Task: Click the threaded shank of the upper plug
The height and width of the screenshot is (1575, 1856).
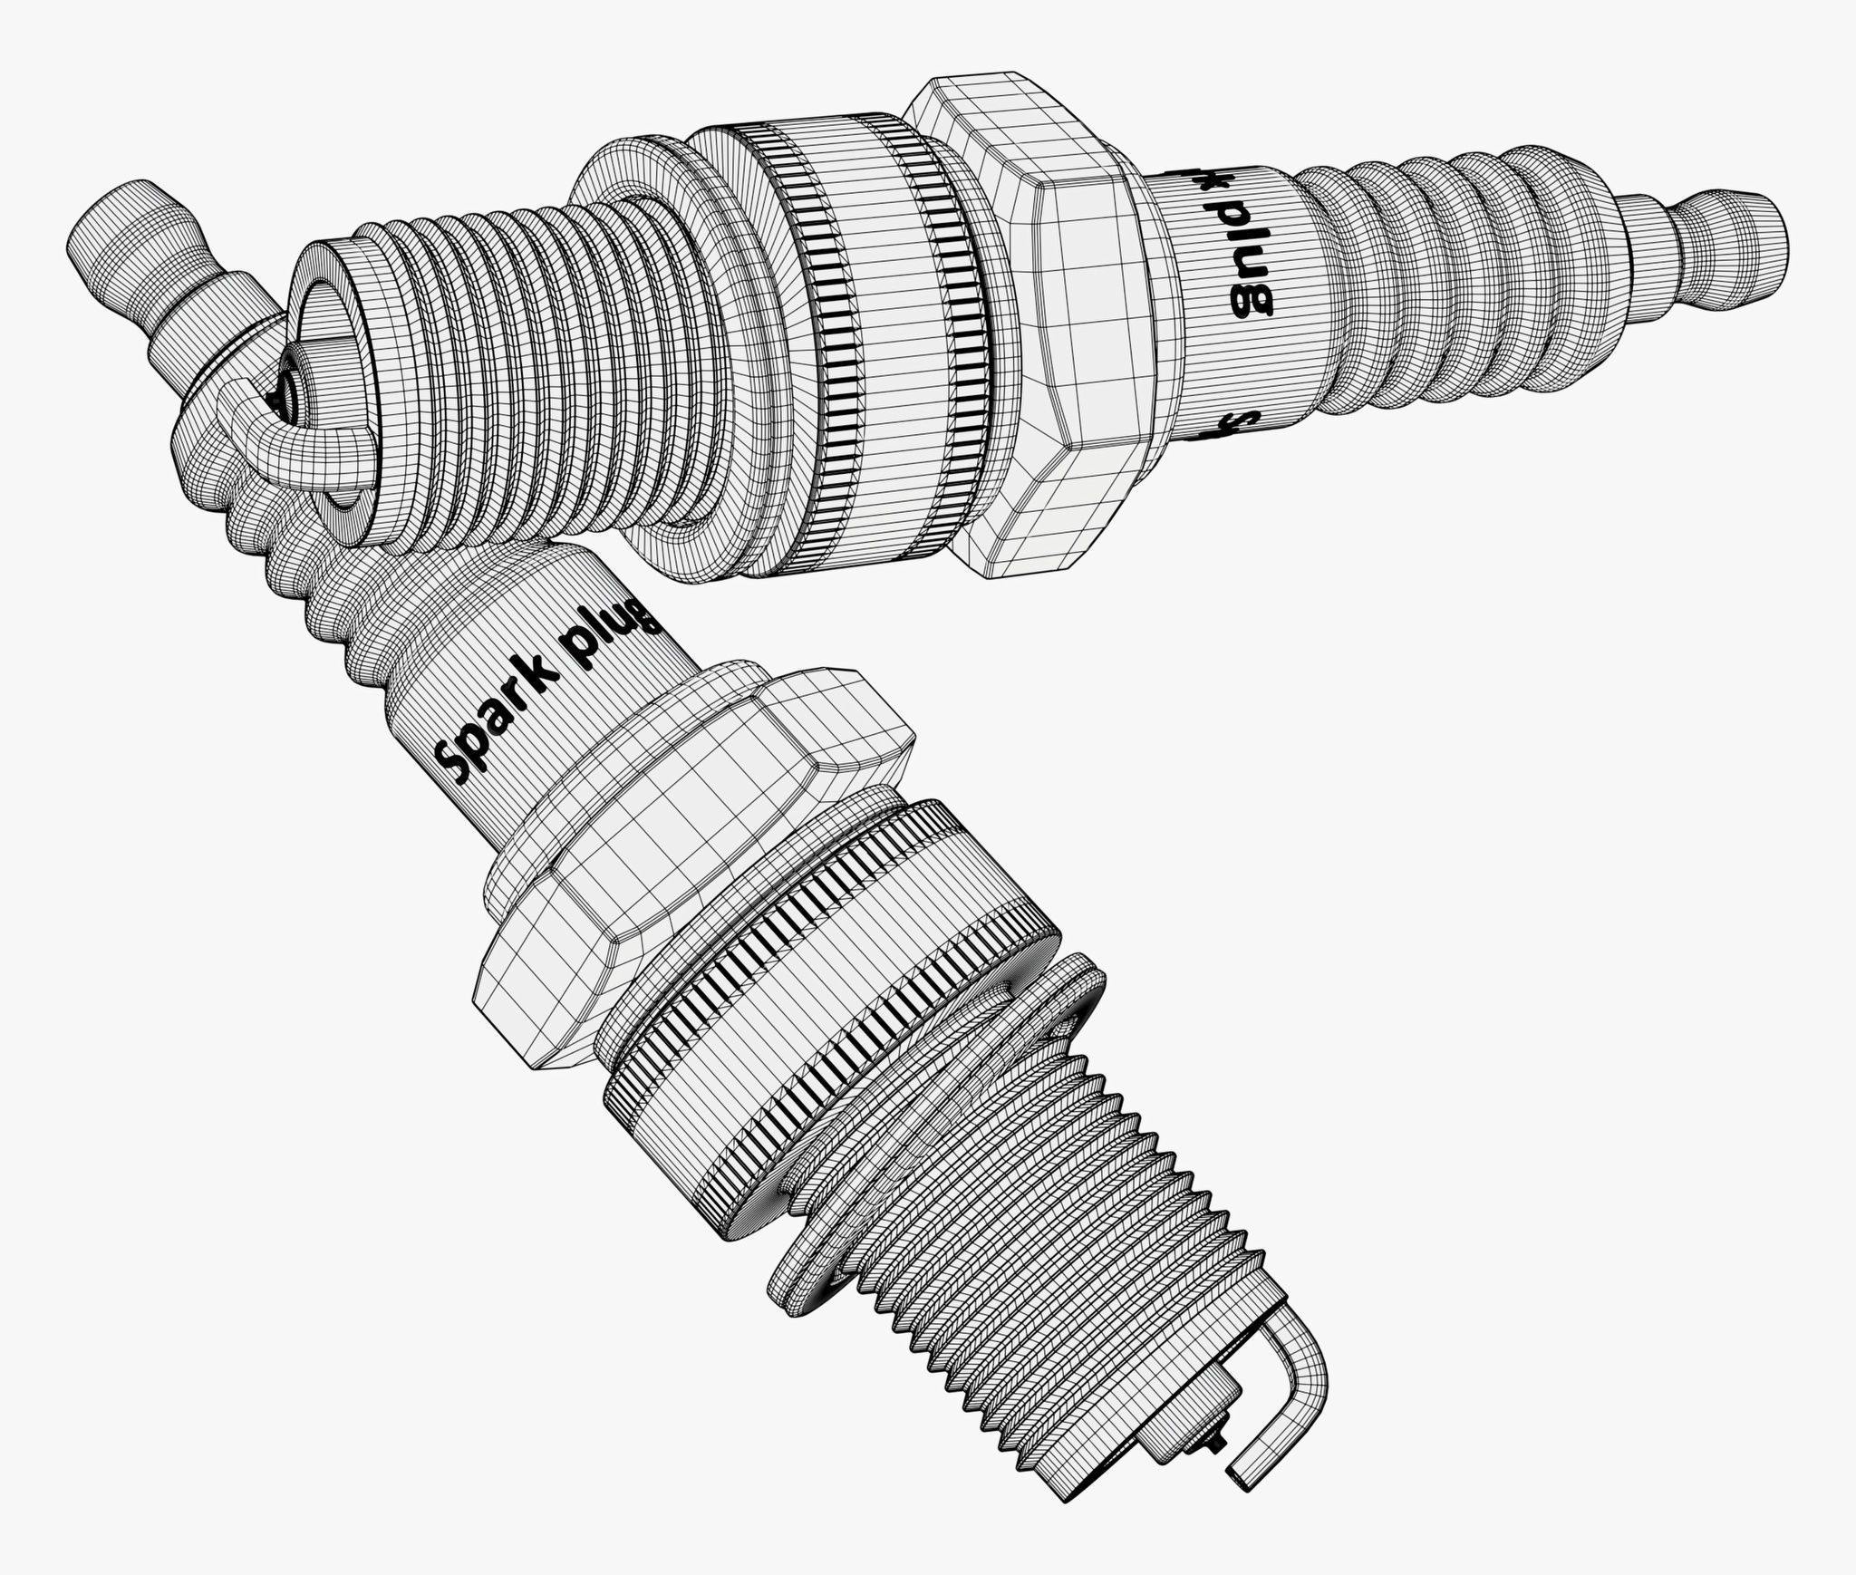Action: click(x=507, y=362)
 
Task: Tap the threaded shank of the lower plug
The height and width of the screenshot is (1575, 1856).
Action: click(x=1087, y=1269)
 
